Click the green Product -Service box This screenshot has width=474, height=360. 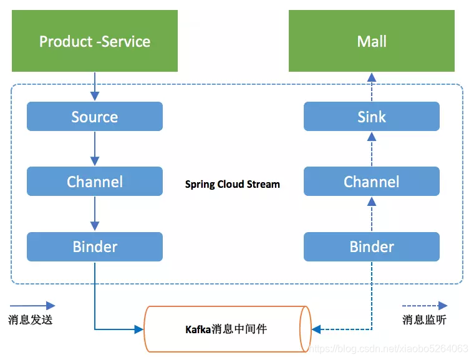[x=95, y=42]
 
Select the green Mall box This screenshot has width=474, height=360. [x=372, y=42]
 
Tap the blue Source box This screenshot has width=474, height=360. [x=95, y=117]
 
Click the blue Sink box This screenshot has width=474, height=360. [x=372, y=117]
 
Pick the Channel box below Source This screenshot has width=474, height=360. [x=95, y=182]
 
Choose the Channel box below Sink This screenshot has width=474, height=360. [x=372, y=182]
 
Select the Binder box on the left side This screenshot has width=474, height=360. [x=95, y=246]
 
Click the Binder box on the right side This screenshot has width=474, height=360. [x=372, y=246]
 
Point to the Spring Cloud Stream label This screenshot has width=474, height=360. [x=233, y=185]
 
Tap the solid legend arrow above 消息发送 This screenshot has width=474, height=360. [x=32, y=306]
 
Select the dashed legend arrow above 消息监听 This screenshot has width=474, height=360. [x=425, y=306]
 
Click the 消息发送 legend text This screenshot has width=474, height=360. [x=31, y=320]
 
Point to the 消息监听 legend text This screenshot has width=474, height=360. [x=425, y=320]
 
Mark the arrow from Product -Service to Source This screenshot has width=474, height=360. [x=95, y=86]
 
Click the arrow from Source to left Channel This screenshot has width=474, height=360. [x=95, y=148]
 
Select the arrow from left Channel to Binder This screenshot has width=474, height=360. [x=95, y=213]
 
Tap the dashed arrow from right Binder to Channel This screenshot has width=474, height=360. [x=372, y=213]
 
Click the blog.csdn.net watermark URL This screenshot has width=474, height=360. [x=389, y=348]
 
